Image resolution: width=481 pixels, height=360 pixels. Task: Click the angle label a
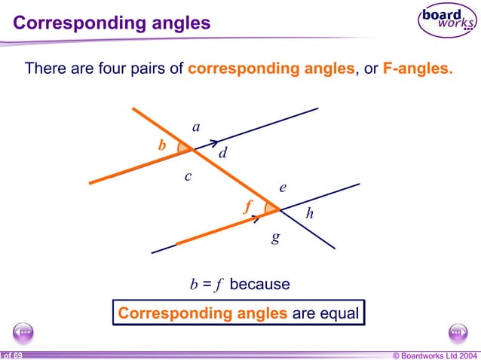196,128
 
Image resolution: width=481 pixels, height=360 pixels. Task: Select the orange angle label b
161,146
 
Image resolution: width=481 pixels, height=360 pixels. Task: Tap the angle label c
188,177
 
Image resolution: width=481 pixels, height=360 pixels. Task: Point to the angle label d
223,154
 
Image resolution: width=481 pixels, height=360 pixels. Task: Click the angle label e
283,188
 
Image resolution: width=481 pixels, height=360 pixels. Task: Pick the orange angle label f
247,206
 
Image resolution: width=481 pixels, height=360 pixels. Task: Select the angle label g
276,237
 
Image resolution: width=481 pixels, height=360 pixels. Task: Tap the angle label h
309,215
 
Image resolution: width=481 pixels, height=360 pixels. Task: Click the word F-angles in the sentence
418,69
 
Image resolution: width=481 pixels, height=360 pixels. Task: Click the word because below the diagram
259,285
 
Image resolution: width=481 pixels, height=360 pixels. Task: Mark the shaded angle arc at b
182,148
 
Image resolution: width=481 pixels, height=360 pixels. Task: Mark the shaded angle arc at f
269,208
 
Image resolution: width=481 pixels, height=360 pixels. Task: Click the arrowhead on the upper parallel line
214,142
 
